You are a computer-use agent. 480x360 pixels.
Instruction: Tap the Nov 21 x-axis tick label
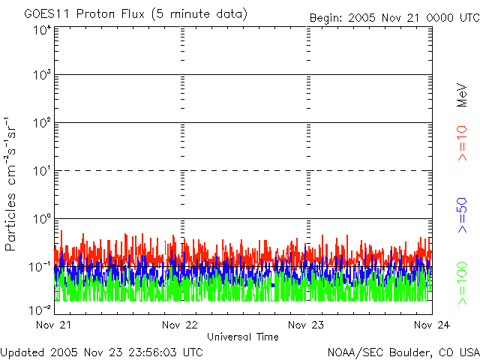(54, 325)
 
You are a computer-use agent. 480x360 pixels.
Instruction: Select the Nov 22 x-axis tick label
(180, 325)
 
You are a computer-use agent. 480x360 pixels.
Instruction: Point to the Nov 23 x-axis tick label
(306, 325)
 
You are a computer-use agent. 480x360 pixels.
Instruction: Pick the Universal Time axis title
(242, 337)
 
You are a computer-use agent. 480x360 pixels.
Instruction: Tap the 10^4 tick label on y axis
(42, 29)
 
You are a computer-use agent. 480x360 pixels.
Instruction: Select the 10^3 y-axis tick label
(42, 76)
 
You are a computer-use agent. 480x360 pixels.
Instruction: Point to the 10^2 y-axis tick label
(42, 123)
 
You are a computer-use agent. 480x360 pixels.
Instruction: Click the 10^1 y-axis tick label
(42, 171)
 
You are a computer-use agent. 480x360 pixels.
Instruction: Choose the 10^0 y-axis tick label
(42, 219)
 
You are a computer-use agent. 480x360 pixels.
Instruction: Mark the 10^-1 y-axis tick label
(40, 267)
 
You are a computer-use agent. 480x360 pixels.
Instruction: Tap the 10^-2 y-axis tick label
(40, 309)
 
